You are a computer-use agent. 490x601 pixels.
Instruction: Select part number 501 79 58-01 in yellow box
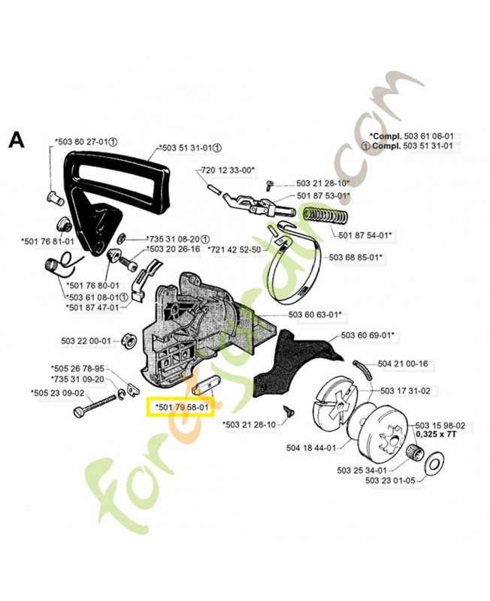point(181,408)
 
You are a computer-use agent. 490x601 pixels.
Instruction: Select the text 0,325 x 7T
point(438,435)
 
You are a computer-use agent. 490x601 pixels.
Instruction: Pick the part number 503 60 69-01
point(368,334)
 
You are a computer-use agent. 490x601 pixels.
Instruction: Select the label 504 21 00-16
point(402,364)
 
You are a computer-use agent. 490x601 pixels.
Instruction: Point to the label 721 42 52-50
point(234,249)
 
